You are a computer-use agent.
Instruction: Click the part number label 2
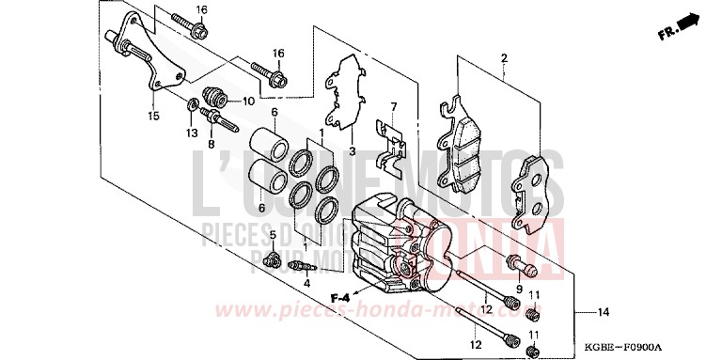(x=504, y=58)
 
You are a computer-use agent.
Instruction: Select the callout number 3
(x=351, y=150)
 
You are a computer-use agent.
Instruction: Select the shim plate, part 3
(x=345, y=94)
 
